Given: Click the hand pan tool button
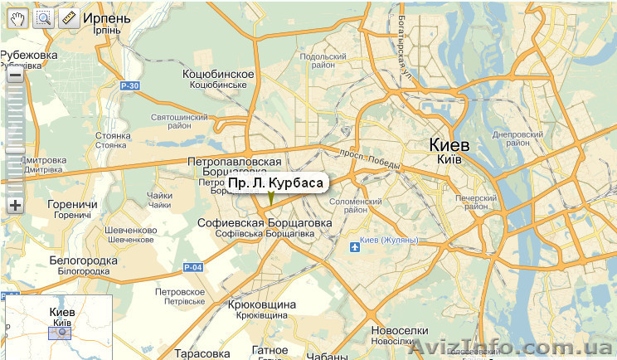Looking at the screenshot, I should click(x=17, y=18).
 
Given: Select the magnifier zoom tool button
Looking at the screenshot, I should click(x=43, y=18).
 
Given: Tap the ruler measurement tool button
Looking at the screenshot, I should click(x=69, y=18).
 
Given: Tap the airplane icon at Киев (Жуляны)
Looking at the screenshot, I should click(x=355, y=246).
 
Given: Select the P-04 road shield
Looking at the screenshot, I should click(x=192, y=267).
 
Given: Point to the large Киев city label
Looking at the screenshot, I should click(x=449, y=145).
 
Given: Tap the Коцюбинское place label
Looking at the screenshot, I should click(x=218, y=75).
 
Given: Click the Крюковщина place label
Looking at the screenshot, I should click(x=261, y=305).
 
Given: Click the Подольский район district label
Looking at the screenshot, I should click(x=317, y=61).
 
